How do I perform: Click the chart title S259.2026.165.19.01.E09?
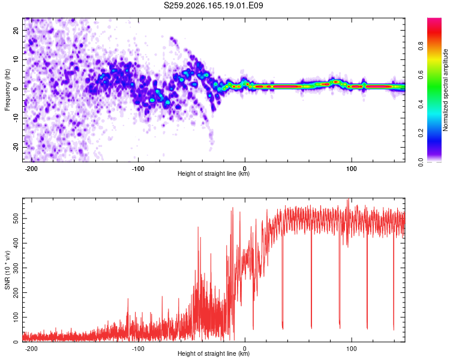coord(213,5)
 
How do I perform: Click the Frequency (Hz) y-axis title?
coord(7,90)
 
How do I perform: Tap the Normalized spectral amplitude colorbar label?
coord(445,90)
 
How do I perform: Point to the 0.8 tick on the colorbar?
coord(421,46)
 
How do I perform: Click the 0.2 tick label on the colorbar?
coord(421,133)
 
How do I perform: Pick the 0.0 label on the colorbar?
coord(421,162)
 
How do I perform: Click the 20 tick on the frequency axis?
coord(16,31)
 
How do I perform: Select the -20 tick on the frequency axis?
coord(16,147)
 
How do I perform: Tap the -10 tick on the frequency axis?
coord(16,118)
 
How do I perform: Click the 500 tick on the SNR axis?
coord(16,219)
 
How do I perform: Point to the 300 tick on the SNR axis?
coord(16,268)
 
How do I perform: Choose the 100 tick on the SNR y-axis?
coord(16,317)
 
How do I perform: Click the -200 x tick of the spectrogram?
coord(31,169)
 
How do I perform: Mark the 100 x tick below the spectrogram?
coord(351,169)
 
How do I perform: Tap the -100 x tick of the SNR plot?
coord(138,349)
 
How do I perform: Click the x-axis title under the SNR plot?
coord(214,353)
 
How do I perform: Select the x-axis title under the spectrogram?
coord(214,173)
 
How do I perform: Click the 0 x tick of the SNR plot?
coord(245,349)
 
